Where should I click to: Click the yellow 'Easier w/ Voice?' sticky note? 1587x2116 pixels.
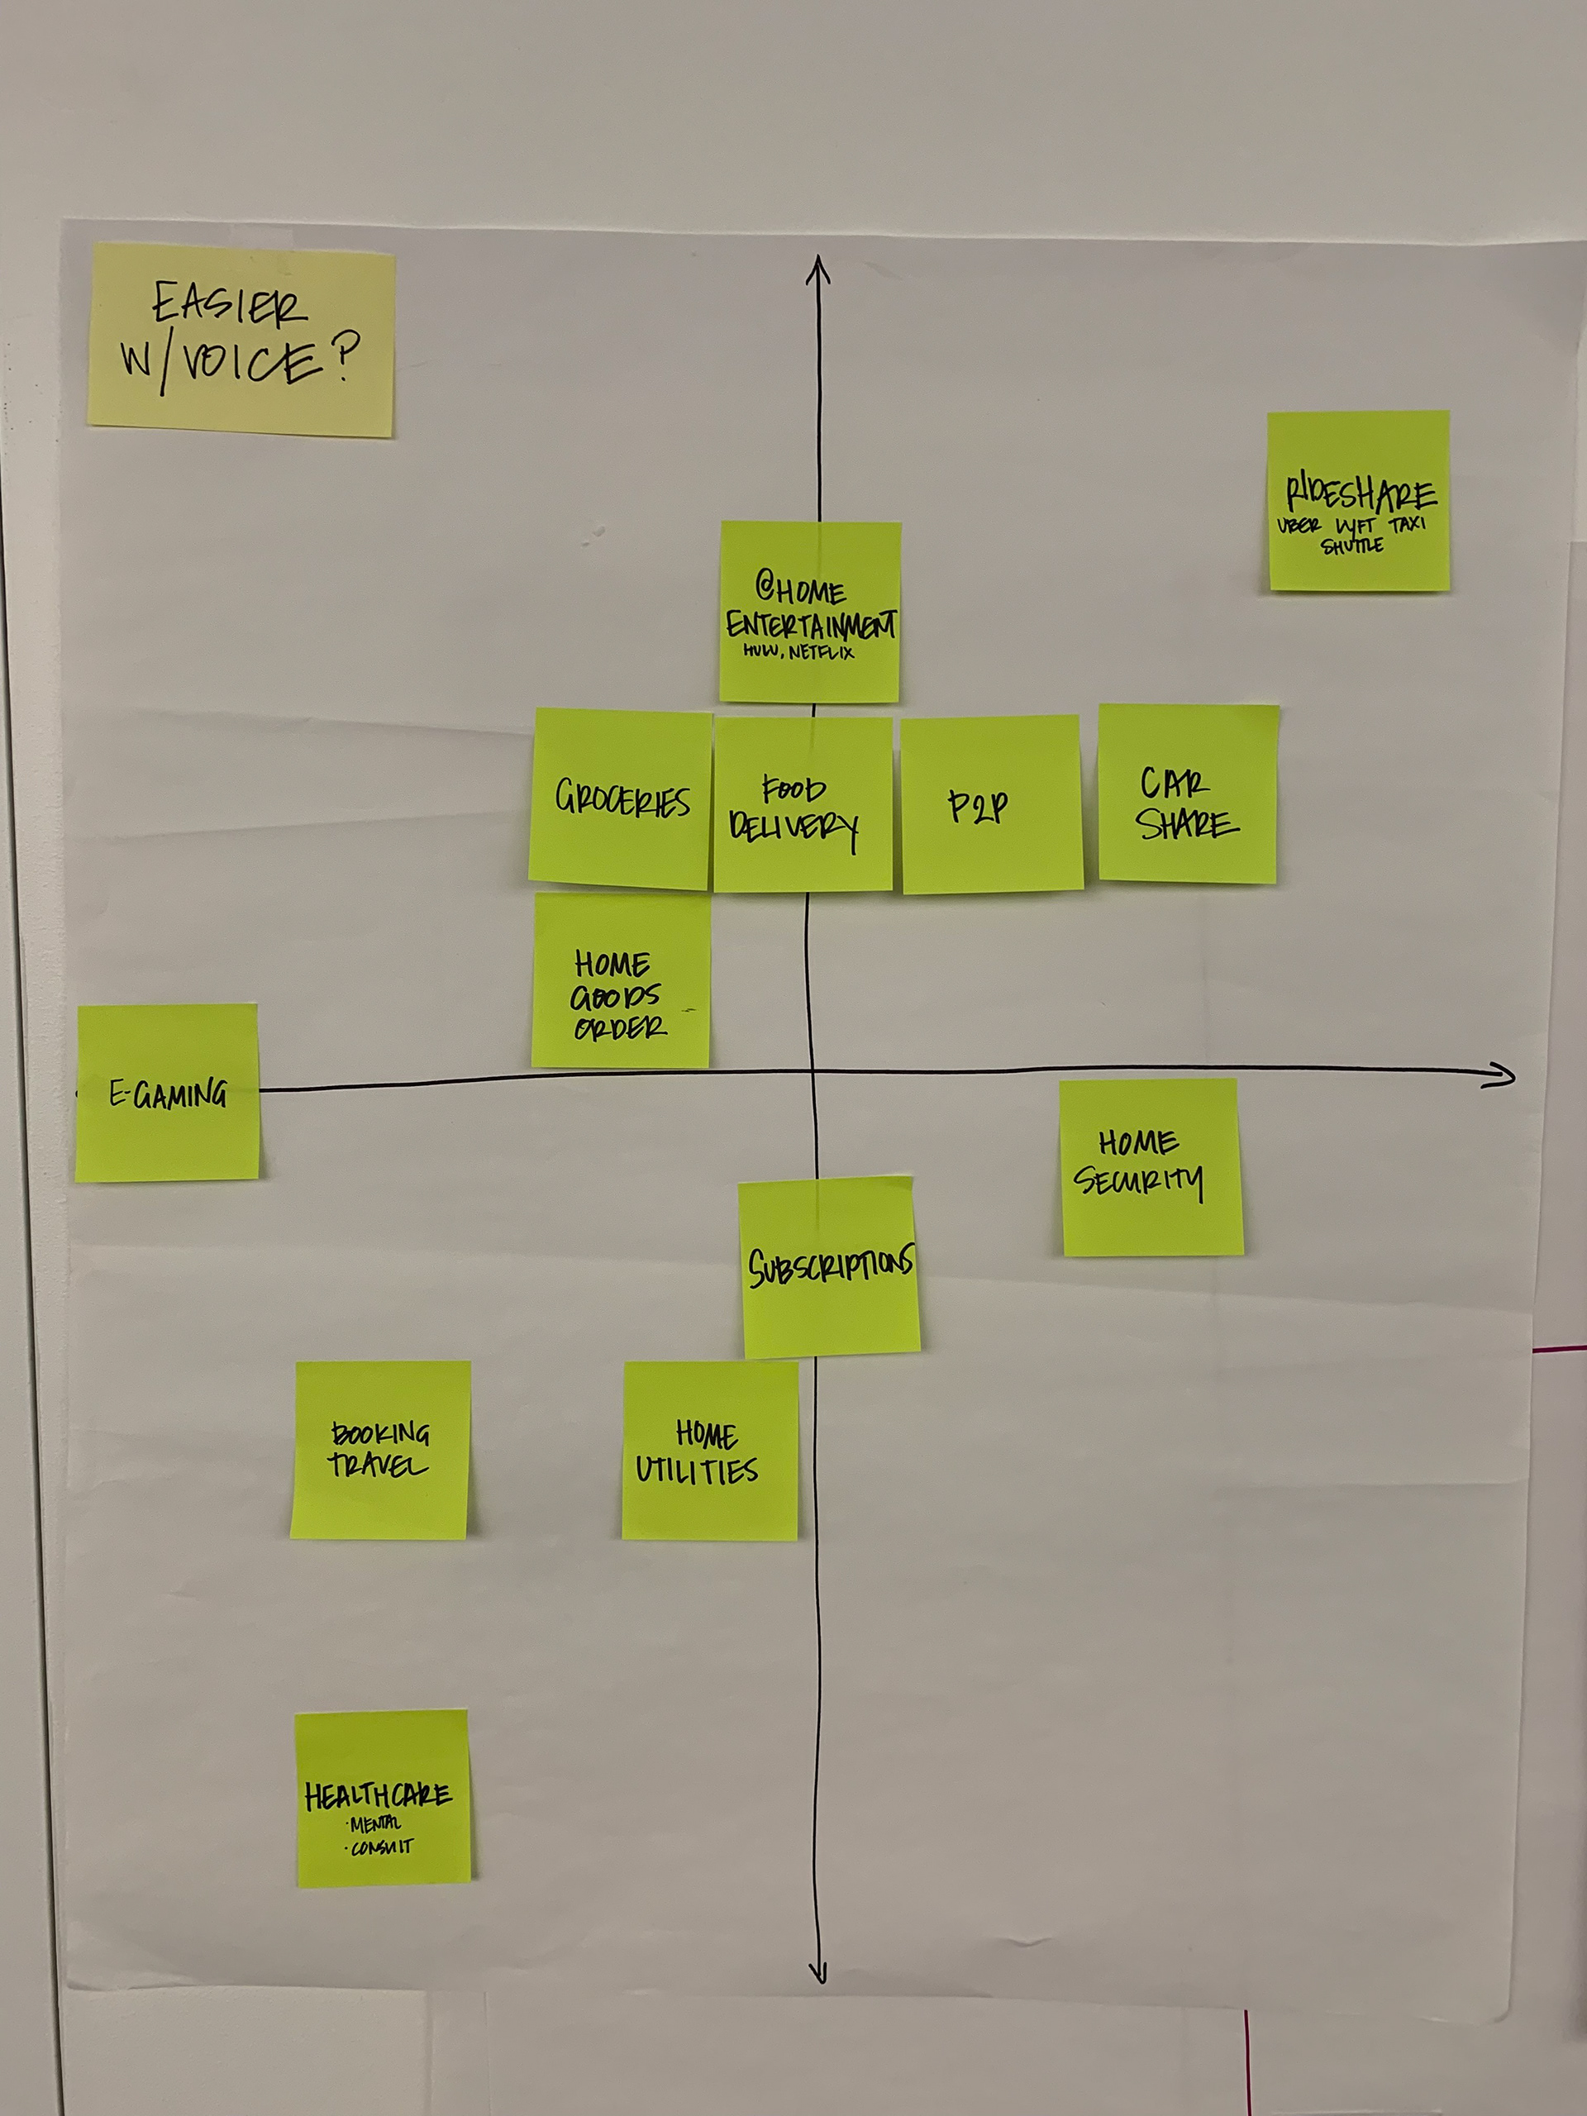pyautogui.click(x=241, y=340)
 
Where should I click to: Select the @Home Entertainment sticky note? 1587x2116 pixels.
pyautogui.click(x=810, y=612)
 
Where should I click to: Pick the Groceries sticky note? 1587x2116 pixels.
pyautogui.click(x=622, y=798)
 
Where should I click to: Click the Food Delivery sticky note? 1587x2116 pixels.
pyautogui.click(x=802, y=804)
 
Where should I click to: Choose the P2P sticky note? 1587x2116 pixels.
pyautogui.click(x=991, y=804)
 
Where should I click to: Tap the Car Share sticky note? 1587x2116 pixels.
pyautogui.click(x=1187, y=794)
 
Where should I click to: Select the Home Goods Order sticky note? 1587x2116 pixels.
pyautogui.click(x=621, y=980)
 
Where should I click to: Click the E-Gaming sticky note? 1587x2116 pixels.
pyautogui.click(x=168, y=1093)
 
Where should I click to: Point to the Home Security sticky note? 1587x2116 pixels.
pyautogui.click(x=1151, y=1167)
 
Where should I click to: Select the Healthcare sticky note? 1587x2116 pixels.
pyautogui.click(x=383, y=1799)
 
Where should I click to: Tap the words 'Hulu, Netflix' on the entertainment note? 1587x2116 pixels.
pyautogui.click(x=798, y=652)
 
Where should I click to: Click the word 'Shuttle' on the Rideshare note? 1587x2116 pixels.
pyautogui.click(x=1351, y=546)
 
